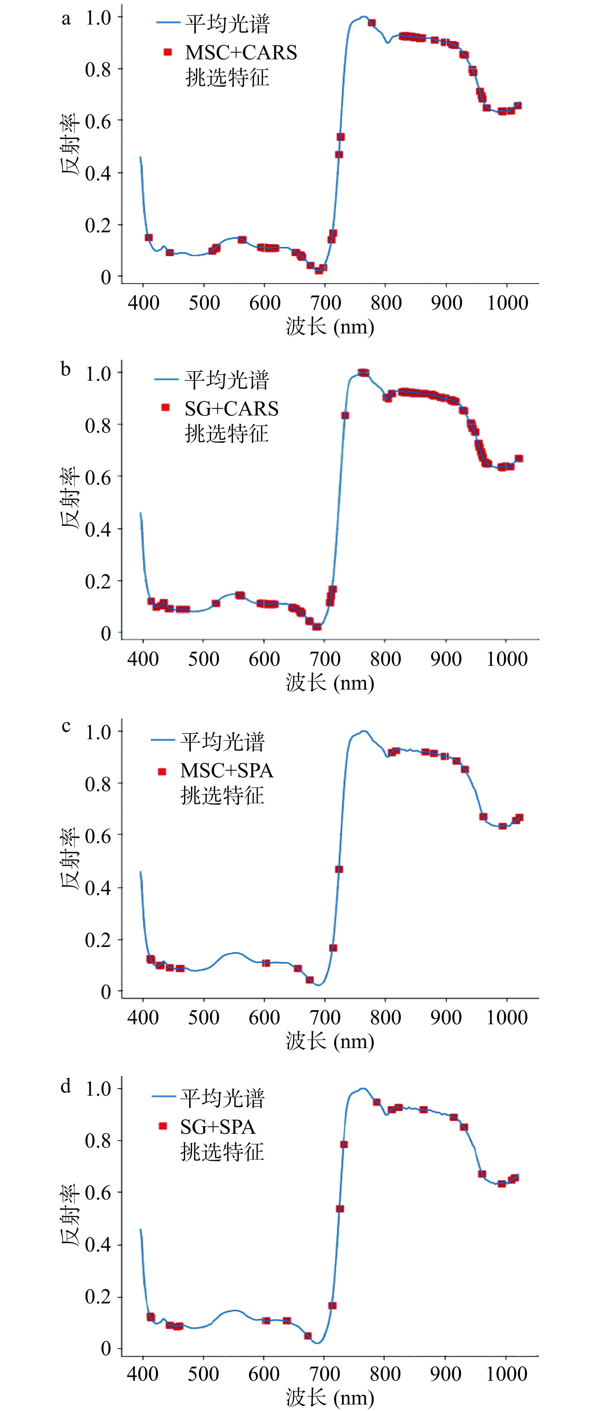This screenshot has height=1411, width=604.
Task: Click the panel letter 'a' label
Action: pos(66,19)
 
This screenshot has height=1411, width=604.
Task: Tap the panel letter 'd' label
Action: pos(66,1086)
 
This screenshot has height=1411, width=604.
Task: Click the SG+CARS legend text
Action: pos(231,408)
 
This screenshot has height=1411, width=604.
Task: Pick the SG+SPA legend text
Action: pos(218,1127)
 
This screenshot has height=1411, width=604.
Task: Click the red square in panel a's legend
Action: pos(168,52)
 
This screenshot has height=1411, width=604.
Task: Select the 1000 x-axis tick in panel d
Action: pos(507,1373)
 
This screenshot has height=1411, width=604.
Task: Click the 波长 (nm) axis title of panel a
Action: pos(330,327)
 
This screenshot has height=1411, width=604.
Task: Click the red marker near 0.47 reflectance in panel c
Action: pos(339,869)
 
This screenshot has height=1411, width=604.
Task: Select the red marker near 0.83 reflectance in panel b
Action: pos(345,415)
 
